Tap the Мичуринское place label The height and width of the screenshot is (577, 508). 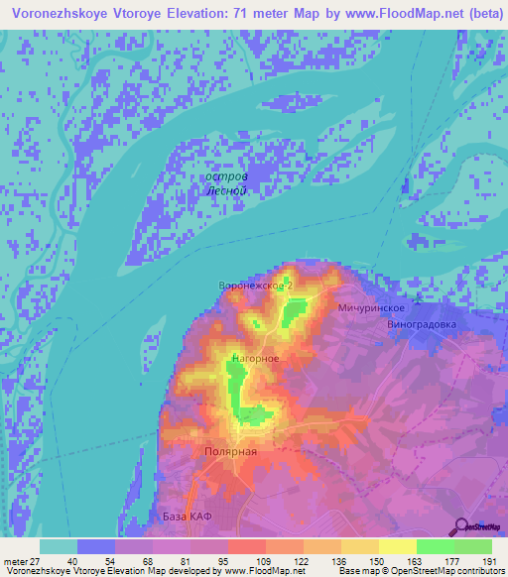(x=369, y=308)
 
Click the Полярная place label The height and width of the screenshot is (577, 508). (x=232, y=451)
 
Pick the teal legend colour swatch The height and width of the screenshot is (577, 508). (x=59, y=546)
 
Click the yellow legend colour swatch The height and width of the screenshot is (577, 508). (x=398, y=546)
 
